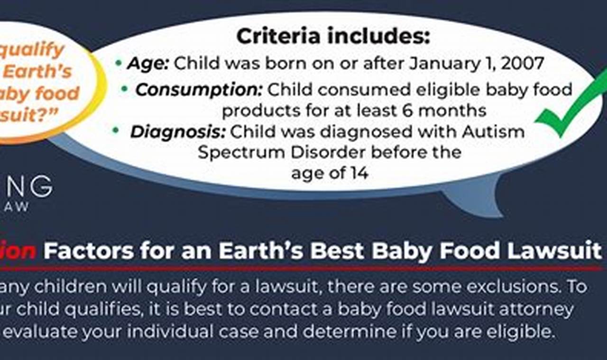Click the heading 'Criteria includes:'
333,37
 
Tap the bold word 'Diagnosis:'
178,132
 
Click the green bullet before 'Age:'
118,63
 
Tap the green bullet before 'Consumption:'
125,89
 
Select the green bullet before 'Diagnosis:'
115,130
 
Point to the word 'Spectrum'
234,153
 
